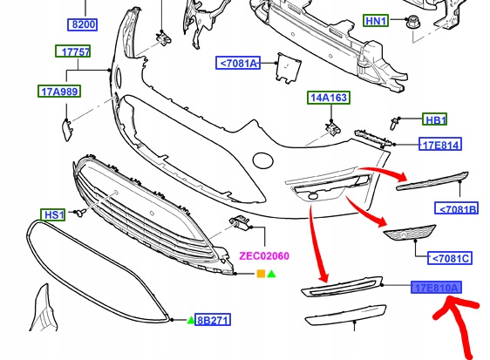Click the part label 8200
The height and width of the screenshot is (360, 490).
pos(83,24)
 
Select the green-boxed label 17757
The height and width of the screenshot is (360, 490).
pos(73,51)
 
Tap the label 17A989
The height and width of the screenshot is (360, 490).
pos(59,92)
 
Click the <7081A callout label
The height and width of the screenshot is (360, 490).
pos(238,63)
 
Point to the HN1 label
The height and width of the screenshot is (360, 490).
pos(376,21)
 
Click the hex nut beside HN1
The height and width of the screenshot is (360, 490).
pos(412,22)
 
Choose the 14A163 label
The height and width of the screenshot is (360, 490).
pos(329,98)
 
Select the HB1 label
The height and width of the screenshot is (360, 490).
pos(435,119)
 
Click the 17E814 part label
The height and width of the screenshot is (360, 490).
pos(440,145)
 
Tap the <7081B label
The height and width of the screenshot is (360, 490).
pos(457,208)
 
